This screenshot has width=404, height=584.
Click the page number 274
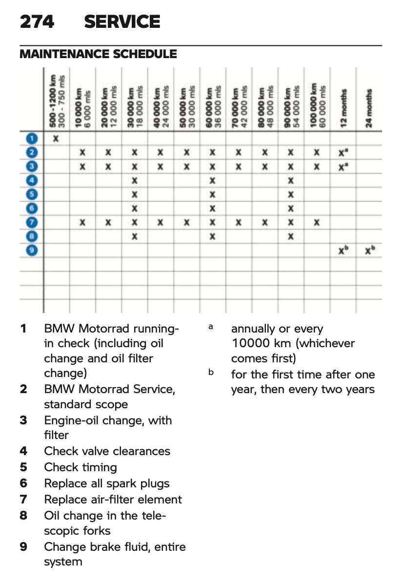[x=37, y=22]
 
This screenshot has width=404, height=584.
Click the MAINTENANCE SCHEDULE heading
[x=98, y=54]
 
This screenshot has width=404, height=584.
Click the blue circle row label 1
[x=32, y=139]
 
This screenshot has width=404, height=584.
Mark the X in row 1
[x=56, y=139]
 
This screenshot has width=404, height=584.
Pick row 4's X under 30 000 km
[x=135, y=181]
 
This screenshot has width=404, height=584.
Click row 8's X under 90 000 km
[x=291, y=237]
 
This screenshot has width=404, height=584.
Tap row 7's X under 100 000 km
[x=317, y=223]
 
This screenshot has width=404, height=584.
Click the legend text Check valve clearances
[x=107, y=451]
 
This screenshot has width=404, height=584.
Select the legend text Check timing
[x=81, y=467]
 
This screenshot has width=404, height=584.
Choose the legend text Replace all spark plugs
[x=107, y=483]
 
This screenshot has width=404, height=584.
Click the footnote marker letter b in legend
[x=211, y=373]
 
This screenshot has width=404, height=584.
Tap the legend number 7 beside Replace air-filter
[x=23, y=500]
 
